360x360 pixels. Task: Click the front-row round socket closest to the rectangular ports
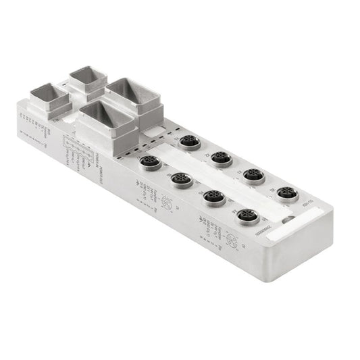pos(149,162)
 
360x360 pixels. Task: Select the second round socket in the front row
pos(181,180)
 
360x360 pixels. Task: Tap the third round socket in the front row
pos(215,197)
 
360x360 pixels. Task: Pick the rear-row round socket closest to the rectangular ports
pos(187,143)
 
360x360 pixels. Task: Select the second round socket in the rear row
pos(220,159)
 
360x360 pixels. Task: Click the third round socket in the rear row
pos(253,176)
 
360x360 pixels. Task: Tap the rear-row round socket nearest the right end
pos(288,193)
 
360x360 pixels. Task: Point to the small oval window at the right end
pos(288,219)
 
